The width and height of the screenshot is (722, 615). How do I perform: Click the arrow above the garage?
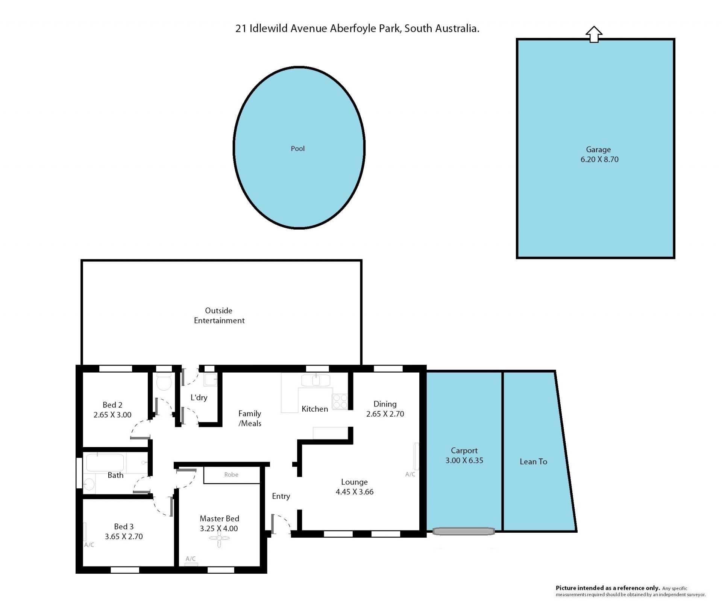tap(594, 34)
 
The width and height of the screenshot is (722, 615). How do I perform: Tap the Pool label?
tap(297, 149)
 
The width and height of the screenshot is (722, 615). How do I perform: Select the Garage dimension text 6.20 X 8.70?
tap(599, 159)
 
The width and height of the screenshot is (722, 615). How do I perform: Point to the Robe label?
tap(231, 474)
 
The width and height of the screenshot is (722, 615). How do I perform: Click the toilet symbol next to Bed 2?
tap(164, 382)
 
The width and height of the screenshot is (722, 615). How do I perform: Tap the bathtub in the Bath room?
tap(105, 462)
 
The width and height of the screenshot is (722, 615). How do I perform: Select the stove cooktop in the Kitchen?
tap(340, 401)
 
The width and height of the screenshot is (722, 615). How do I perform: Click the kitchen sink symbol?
tap(315, 380)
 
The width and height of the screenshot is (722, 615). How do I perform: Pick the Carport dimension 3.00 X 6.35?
tap(464, 460)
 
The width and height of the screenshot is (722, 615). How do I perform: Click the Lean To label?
tap(533, 462)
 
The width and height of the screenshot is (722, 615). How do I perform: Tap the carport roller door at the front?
tap(463, 531)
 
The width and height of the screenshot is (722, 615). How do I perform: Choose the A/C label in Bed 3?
tap(89, 545)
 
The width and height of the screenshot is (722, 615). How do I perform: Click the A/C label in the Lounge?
tap(410, 474)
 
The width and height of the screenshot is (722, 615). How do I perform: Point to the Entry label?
tap(281, 496)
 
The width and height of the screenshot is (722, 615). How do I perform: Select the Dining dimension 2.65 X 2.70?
tap(385, 414)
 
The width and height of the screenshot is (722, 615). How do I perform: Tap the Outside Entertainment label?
tap(219, 316)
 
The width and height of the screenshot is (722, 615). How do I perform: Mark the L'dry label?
tap(199, 397)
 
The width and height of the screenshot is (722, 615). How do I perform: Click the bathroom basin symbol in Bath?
tap(89, 484)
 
